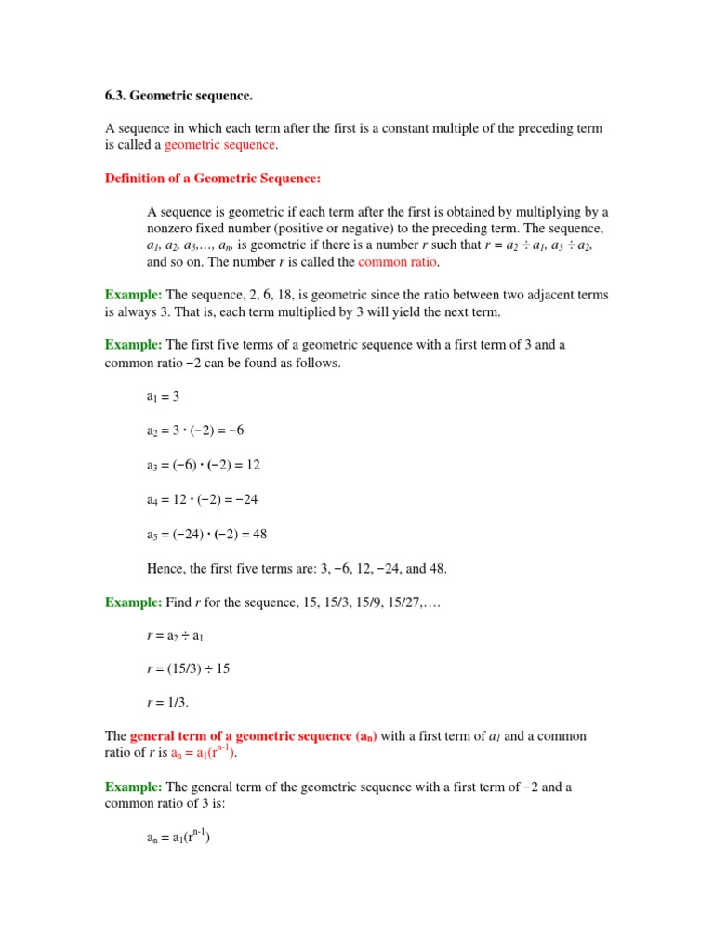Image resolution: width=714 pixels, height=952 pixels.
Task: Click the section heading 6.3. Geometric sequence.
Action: pyautogui.click(x=178, y=96)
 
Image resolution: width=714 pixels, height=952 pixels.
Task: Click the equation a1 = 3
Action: pyautogui.click(x=163, y=396)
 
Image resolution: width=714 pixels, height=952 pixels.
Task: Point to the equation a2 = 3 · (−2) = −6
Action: pyautogui.click(x=195, y=430)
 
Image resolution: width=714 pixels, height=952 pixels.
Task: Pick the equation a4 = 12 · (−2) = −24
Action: pyautogui.click(x=202, y=499)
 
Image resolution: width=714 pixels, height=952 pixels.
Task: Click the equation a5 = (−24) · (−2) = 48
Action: pyautogui.click(x=207, y=534)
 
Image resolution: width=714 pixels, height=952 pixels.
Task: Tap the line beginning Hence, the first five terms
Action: pyautogui.click(x=297, y=568)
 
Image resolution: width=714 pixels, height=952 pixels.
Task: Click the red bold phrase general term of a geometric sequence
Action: pyautogui.click(x=240, y=736)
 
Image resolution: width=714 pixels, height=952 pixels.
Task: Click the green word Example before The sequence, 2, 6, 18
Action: pyautogui.click(x=133, y=295)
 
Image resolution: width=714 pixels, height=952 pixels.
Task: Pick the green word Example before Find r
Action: pyautogui.click(x=133, y=602)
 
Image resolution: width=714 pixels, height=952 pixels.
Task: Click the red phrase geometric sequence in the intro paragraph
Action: pyautogui.click(x=219, y=145)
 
